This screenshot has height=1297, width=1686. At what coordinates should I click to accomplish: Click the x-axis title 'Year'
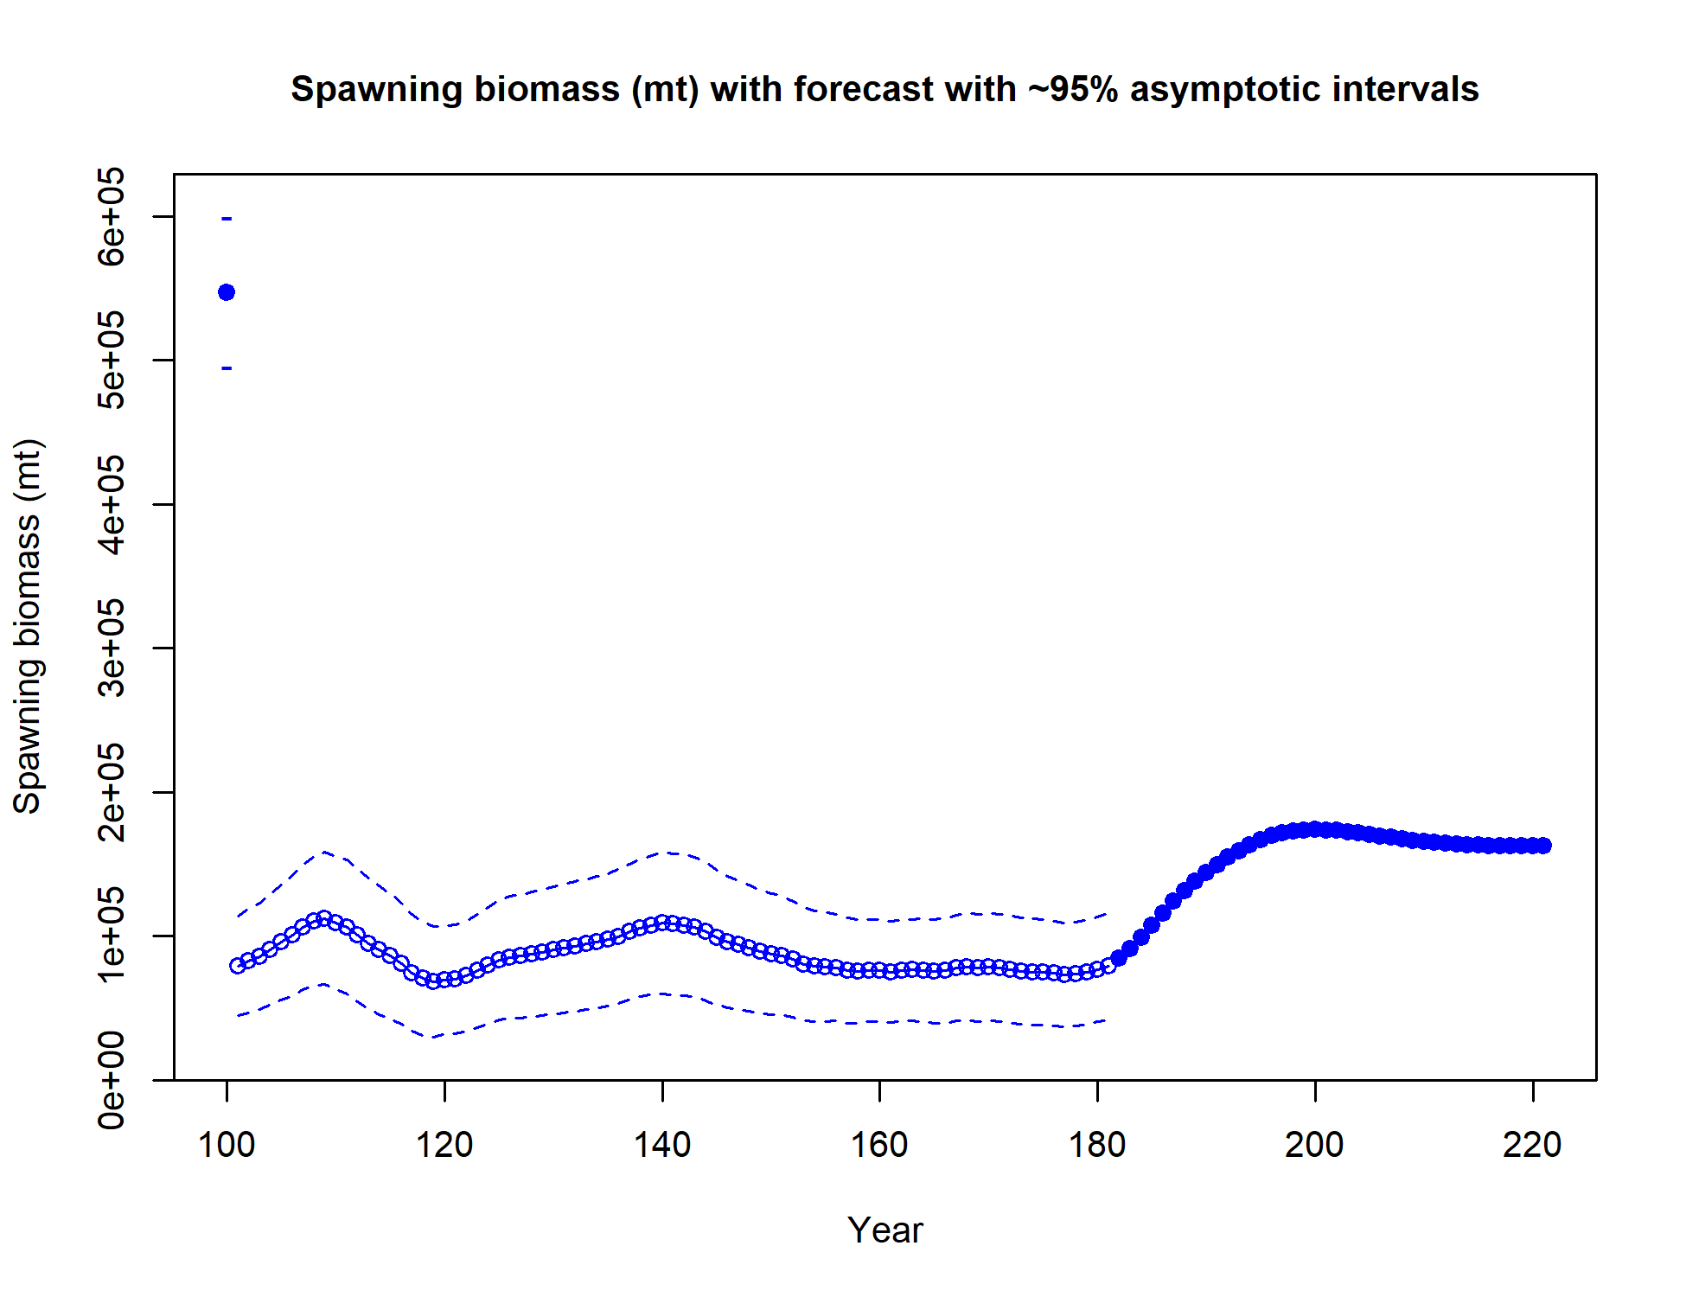tap(885, 1230)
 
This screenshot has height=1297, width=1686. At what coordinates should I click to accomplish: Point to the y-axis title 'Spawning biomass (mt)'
tap(28, 627)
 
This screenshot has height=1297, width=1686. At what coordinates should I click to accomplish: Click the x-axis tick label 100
tap(227, 1145)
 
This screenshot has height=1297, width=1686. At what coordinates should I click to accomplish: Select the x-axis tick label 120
tap(444, 1145)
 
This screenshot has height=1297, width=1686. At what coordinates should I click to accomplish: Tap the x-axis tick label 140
tap(662, 1145)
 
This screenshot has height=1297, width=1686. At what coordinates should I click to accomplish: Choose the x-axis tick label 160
tap(879, 1145)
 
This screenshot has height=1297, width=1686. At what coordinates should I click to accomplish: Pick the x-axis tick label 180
tap(1097, 1145)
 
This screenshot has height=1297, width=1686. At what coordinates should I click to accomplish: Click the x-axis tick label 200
tap(1314, 1145)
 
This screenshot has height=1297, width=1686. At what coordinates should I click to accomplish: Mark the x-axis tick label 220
tap(1532, 1145)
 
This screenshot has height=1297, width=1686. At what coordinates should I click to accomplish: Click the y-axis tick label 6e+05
tap(112, 216)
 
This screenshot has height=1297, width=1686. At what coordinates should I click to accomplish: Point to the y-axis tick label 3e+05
tap(112, 648)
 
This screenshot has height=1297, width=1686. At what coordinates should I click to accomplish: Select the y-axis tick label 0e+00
tap(112, 1079)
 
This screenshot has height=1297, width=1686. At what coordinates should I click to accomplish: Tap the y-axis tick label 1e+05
tap(112, 936)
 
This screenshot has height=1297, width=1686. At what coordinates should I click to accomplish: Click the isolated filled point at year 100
tap(227, 292)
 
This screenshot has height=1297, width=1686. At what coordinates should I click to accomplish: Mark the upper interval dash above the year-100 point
tap(227, 219)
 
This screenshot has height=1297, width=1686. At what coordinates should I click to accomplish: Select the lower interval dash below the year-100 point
tap(227, 368)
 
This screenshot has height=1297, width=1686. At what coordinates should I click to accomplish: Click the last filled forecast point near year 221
tap(1543, 846)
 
